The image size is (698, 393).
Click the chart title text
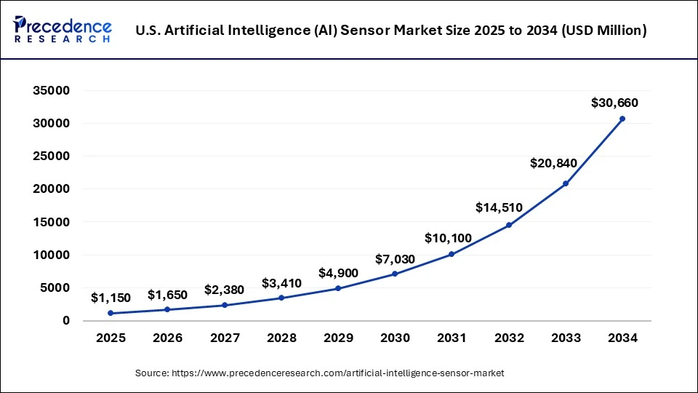391,31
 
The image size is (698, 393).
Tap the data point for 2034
622,119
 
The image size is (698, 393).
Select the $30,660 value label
614,103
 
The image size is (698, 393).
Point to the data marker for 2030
395,274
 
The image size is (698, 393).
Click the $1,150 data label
111,298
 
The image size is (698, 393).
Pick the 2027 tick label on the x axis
224,338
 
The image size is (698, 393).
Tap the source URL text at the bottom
320,373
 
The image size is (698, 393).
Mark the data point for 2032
509,225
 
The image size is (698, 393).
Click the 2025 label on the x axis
111,338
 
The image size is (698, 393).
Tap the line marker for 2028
281,298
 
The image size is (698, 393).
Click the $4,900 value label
338,273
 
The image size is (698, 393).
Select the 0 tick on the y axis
65,321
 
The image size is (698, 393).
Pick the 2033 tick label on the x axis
566,338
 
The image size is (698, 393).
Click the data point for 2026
167,309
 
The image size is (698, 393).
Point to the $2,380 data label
224,290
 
